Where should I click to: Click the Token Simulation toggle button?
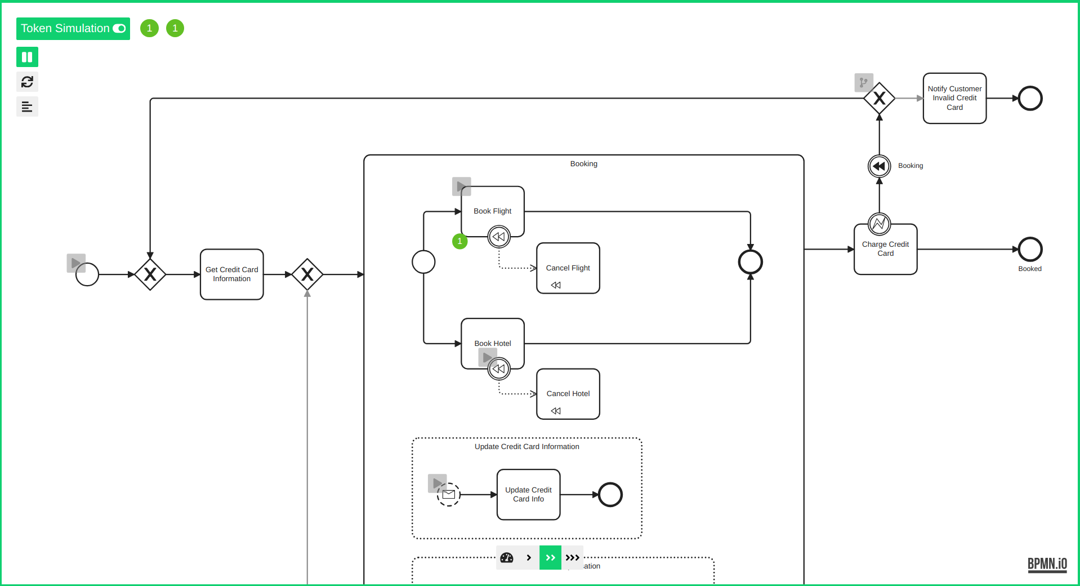[73, 29]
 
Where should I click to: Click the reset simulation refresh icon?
[27, 82]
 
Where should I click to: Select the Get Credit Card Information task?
[232, 274]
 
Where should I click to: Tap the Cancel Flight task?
[568, 268]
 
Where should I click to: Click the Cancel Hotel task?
[568, 394]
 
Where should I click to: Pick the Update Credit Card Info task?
[528, 494]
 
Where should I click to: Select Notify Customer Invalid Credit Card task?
[954, 98]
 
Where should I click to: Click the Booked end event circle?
[1030, 249]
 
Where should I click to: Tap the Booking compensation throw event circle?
[879, 166]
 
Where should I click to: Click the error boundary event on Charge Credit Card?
[879, 224]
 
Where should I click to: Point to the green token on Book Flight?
[460, 241]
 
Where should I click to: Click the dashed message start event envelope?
[449, 495]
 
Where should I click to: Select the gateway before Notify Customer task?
[879, 99]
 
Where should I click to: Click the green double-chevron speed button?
[550, 558]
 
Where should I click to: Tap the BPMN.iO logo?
[1047, 564]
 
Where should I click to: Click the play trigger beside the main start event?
[76, 263]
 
